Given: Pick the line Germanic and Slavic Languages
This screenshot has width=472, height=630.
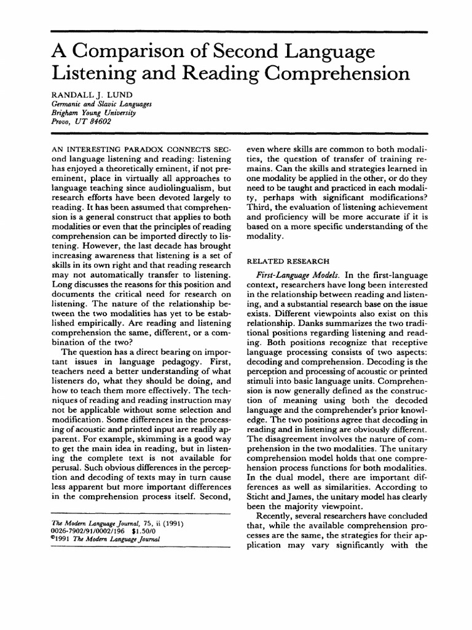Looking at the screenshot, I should coord(97,105).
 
